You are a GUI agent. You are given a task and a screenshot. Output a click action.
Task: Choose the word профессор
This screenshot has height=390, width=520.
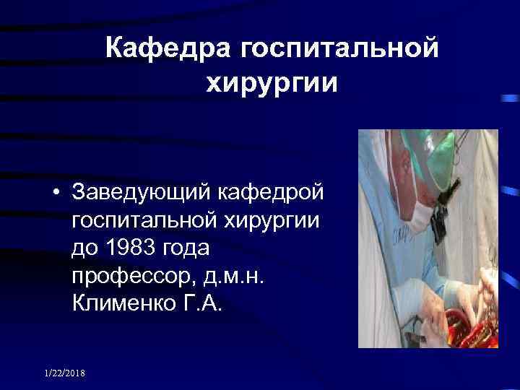[134, 274]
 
